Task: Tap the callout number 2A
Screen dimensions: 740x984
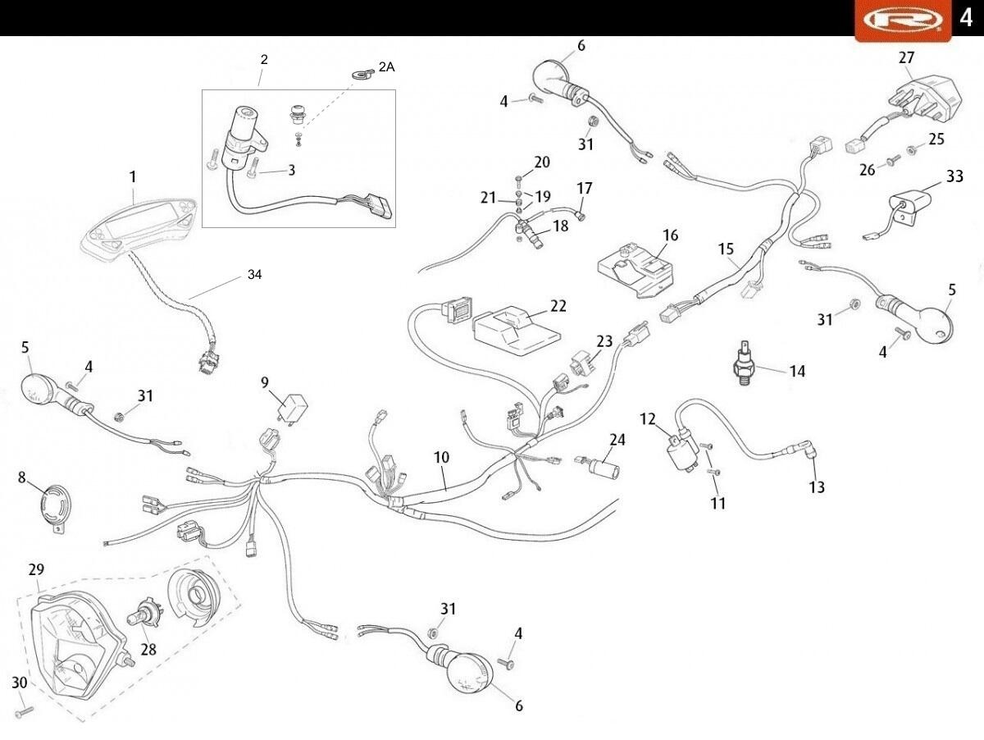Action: coord(385,67)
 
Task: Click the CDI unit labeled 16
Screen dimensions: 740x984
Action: coord(638,267)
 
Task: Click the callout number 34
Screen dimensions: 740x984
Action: coord(254,275)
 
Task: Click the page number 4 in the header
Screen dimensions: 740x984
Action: coord(966,18)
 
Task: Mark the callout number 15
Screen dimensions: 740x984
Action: coord(726,249)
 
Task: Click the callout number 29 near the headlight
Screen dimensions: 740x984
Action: coord(36,569)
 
